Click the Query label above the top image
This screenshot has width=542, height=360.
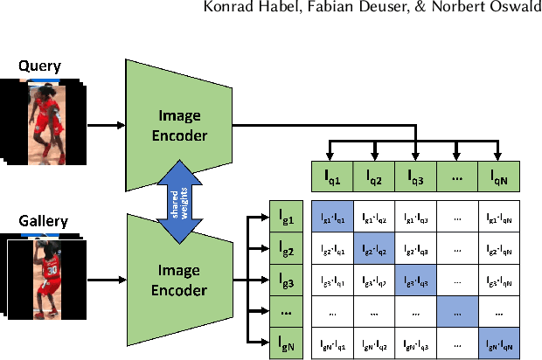pos(41,66)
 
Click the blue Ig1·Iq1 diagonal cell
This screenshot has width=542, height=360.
pos(332,218)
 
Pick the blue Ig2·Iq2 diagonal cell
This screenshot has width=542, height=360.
pos(374,250)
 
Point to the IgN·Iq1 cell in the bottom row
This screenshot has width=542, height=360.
pos(332,344)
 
